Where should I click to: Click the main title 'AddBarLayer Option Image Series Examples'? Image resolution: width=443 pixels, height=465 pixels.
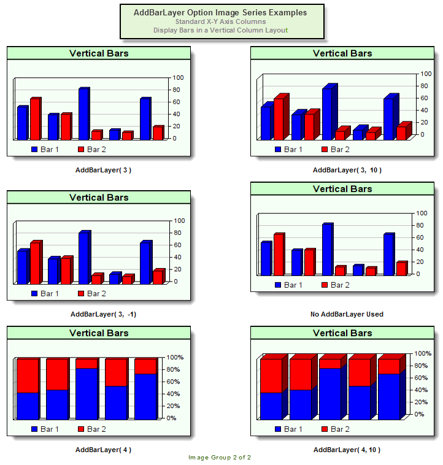[220, 12]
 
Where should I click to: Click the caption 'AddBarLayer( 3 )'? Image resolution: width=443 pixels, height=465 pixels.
[99, 170]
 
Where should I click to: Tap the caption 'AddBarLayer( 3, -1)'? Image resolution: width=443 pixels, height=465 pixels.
[103, 314]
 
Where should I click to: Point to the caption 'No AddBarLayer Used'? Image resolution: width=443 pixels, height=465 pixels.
[347, 314]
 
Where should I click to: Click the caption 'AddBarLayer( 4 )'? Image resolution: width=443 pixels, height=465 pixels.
[103, 450]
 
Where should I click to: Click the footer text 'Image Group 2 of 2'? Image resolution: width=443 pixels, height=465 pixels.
[220, 458]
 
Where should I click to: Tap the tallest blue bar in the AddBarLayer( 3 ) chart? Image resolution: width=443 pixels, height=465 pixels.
[83, 114]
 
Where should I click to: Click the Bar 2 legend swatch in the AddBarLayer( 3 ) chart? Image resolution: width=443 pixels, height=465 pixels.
[81, 149]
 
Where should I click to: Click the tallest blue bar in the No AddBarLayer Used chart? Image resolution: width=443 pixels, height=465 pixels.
[327, 249]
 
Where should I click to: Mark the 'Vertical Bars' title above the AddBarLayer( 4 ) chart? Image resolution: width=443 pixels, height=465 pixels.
[99, 333]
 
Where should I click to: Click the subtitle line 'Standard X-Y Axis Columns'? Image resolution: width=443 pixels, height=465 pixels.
[220, 21]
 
